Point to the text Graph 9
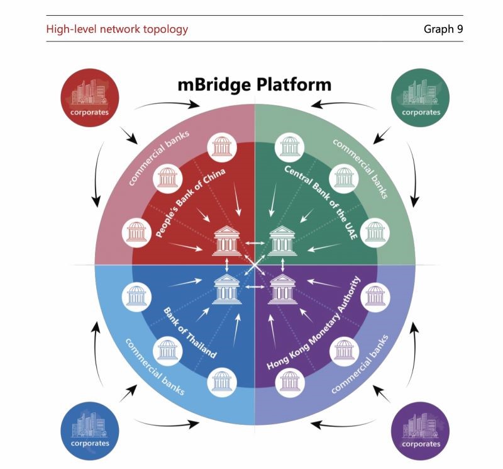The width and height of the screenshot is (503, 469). tap(443, 29)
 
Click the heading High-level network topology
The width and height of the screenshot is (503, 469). tap(117, 29)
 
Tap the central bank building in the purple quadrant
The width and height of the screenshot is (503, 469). tap(282, 290)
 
